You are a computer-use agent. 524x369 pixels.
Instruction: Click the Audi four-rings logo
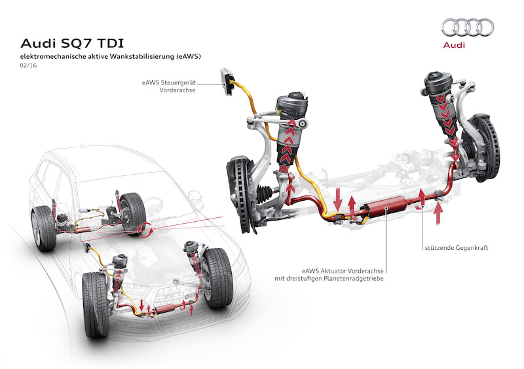coord(468,27)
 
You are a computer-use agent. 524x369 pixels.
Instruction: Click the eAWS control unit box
coord(229,80)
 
